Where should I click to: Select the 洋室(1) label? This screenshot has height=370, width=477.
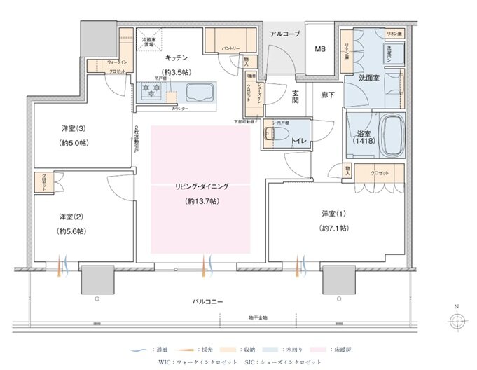coord(333,213)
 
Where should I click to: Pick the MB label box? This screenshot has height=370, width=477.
coord(319,49)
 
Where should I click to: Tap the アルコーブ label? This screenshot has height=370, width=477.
coord(284,33)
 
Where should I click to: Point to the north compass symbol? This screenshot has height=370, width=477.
coord(457,320)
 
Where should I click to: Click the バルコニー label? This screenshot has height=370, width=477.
coord(208,301)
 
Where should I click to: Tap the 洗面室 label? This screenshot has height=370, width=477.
coord(368,78)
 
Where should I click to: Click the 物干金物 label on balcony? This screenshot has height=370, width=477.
coord(256,317)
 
